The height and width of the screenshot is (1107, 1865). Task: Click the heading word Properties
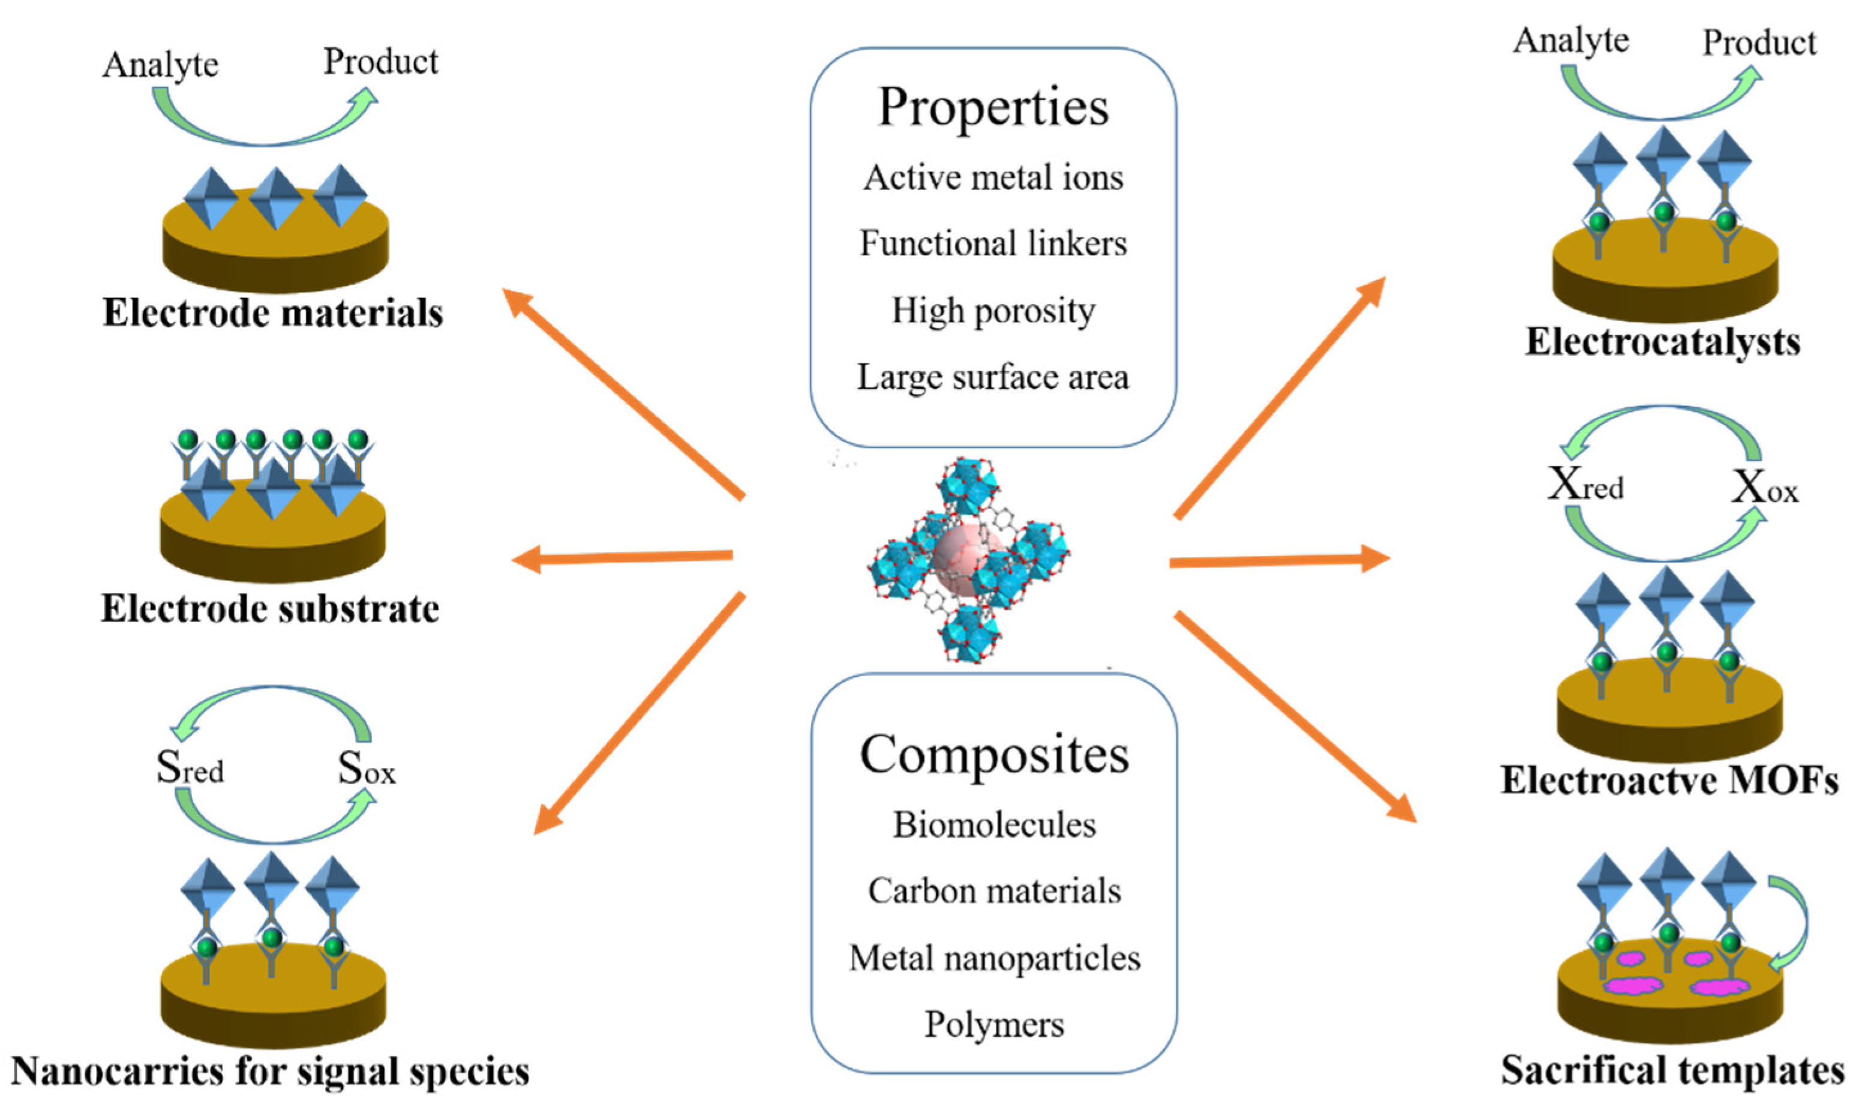[x=993, y=108]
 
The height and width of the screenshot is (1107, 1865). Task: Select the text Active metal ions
[x=993, y=178]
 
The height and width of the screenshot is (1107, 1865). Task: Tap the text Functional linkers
[x=993, y=243]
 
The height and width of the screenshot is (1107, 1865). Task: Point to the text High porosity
[x=993, y=310]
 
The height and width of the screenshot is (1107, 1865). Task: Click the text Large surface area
[x=993, y=377]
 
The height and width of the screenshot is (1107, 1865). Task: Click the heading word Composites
[x=995, y=755]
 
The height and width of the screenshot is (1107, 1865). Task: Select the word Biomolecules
[x=995, y=825]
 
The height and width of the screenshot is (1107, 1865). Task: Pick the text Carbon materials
[x=995, y=891]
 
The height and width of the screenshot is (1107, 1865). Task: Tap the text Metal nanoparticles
[x=995, y=958]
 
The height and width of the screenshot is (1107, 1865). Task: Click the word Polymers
[x=995, y=1024]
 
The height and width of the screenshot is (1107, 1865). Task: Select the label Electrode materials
[x=272, y=312]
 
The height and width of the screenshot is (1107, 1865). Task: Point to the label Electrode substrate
[x=270, y=608]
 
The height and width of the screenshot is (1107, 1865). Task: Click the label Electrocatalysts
[x=1662, y=342]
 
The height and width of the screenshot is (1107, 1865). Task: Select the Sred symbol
[x=190, y=767]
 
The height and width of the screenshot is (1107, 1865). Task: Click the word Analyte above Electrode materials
[x=160, y=65]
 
